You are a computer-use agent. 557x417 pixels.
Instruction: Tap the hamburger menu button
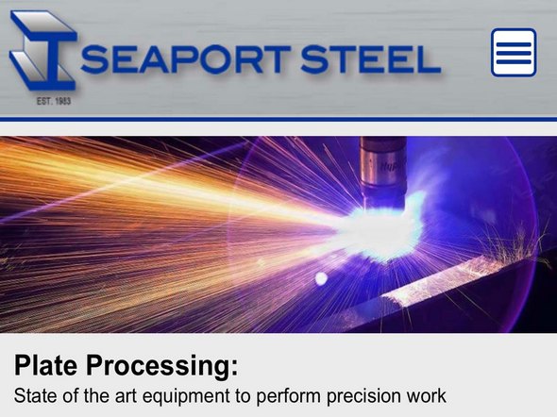(514, 53)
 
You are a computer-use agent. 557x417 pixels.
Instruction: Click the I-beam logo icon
(43, 50)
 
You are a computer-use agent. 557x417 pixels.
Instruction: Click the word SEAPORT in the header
(186, 59)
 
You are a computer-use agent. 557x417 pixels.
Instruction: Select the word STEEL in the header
(370, 59)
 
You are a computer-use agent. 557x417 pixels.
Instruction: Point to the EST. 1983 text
(54, 101)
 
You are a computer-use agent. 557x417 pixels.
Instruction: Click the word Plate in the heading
(46, 365)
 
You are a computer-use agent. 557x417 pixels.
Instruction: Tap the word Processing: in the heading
(162, 366)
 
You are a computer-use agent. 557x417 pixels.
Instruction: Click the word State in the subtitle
(36, 396)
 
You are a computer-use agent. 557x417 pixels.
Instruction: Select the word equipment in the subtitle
(186, 397)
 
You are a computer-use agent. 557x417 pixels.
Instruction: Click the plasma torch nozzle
(383, 172)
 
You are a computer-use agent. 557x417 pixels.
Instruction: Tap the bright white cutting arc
(380, 231)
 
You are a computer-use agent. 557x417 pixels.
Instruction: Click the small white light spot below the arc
(321, 279)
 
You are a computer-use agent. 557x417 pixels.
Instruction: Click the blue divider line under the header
(278, 119)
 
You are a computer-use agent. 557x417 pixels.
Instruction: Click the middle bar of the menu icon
(514, 53)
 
